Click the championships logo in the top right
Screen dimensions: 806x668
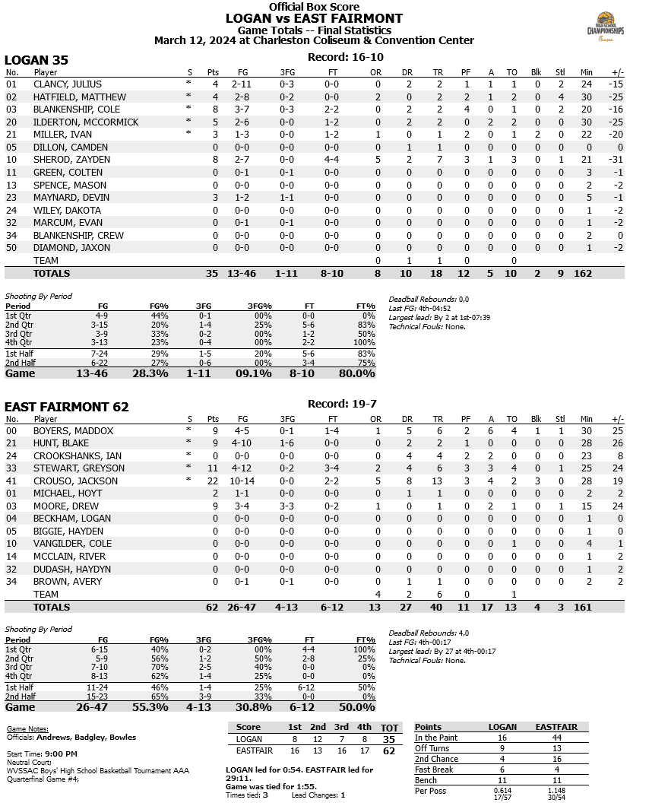605,29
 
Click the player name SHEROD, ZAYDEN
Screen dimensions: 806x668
71,160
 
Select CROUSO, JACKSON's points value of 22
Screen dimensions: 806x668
213,481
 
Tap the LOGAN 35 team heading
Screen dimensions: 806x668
36,60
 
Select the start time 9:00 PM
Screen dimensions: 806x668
66,754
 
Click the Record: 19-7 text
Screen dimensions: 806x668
338,404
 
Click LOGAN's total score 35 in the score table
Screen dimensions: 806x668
389,739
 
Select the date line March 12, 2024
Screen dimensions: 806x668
313,40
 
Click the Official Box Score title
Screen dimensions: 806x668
313,7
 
